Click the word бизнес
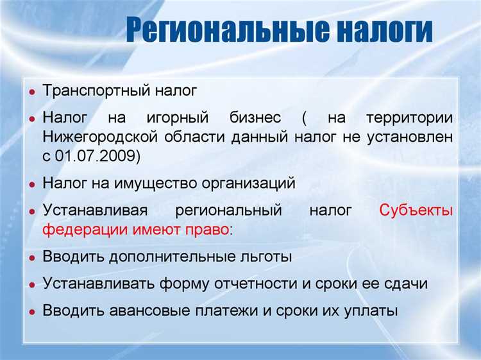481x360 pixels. tap(255, 119)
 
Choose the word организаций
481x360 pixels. tap(249, 183)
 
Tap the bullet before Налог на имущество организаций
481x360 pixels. tap(31, 184)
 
